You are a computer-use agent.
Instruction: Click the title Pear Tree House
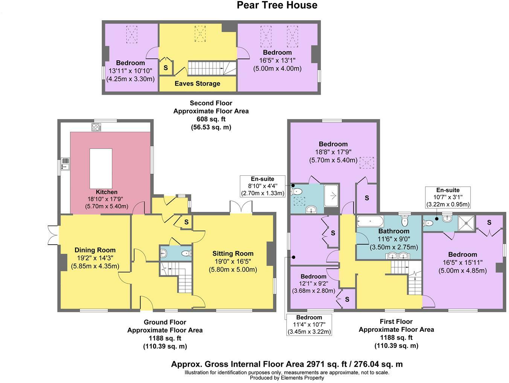[x=277, y=5]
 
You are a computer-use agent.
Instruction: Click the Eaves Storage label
[x=197, y=84]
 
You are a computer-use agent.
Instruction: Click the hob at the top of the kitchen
[x=96, y=127]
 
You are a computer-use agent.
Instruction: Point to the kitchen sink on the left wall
[x=65, y=164]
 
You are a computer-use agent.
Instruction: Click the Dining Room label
[x=95, y=250]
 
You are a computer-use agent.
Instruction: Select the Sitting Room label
[x=233, y=254]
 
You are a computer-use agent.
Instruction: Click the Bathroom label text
[x=393, y=231]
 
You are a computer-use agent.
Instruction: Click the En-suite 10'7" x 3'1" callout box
[x=448, y=197]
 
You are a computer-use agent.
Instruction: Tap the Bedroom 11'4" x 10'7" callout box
[x=309, y=325]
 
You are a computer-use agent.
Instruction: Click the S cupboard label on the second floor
[x=166, y=68]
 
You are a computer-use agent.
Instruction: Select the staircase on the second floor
[x=207, y=68]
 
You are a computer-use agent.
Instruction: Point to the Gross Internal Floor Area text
[x=287, y=364]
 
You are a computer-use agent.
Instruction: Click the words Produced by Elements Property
[x=287, y=378]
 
